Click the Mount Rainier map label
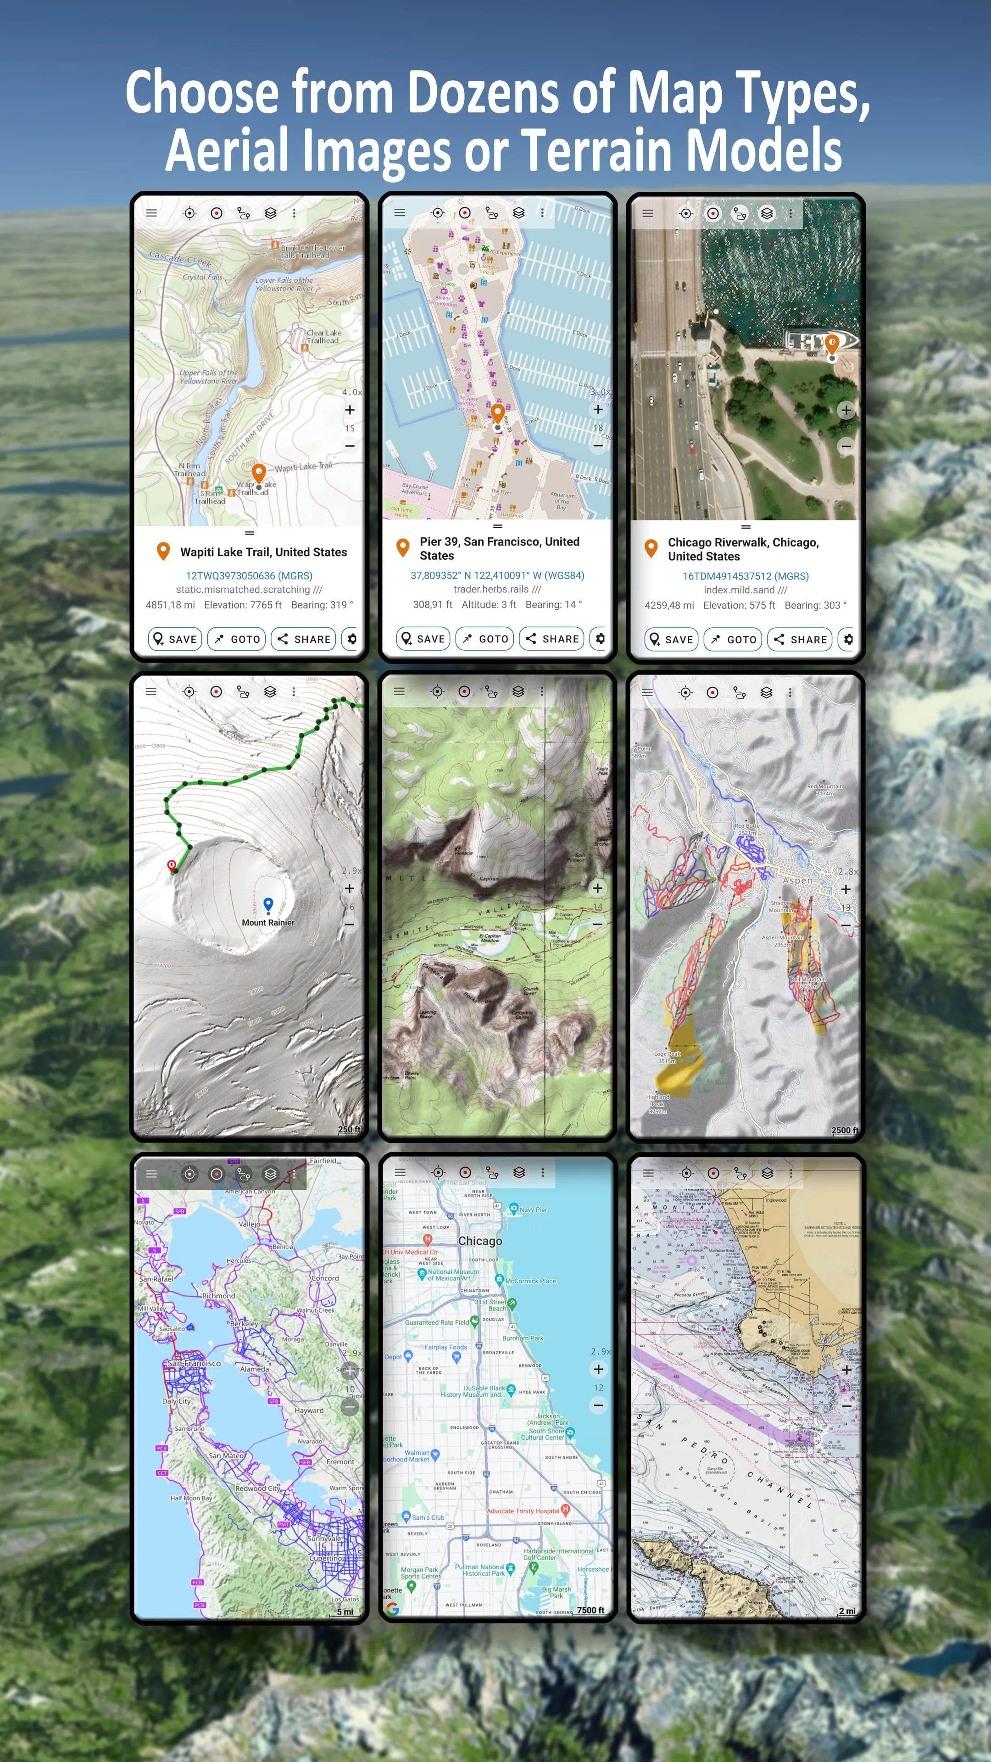click(268, 923)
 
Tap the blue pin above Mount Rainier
click(268, 904)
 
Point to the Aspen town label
click(797, 881)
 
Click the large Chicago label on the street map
click(480, 1241)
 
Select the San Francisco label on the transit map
click(194, 1363)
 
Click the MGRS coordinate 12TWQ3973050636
click(249, 576)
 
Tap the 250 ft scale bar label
click(349, 1129)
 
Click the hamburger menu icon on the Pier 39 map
click(400, 213)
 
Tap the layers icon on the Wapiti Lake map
click(271, 213)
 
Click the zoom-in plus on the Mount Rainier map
click(350, 888)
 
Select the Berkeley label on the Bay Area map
click(244, 1323)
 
